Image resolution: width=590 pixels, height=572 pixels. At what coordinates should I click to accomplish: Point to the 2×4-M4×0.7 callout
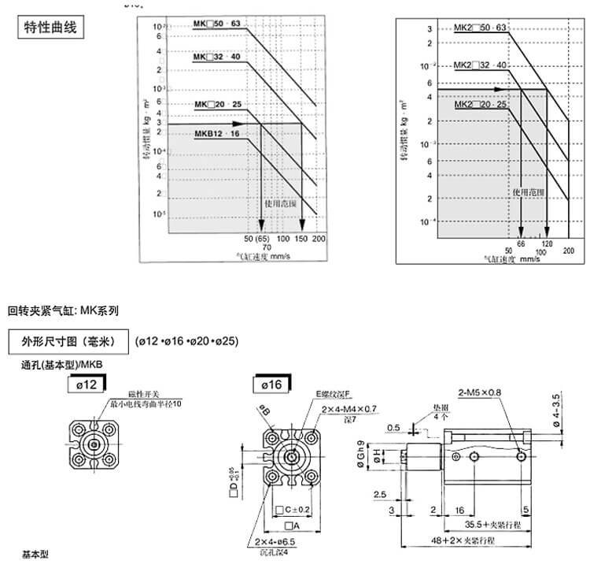[349, 409]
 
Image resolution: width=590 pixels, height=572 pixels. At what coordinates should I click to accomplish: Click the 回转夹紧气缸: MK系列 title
[63, 310]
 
